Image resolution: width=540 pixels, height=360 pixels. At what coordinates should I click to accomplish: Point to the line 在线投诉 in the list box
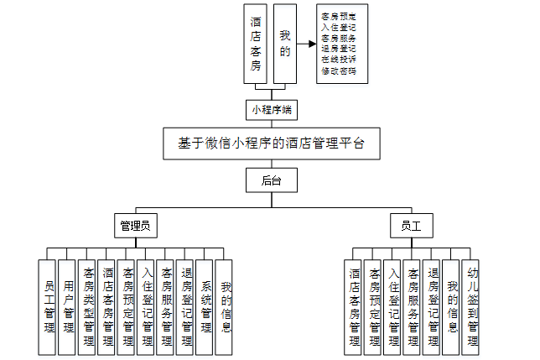coord(338,60)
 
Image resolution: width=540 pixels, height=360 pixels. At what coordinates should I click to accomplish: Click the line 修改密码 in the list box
coord(338,71)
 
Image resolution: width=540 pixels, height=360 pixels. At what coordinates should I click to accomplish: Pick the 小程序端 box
coord(271,109)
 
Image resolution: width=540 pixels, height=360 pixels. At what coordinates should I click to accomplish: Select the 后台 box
coord(271,180)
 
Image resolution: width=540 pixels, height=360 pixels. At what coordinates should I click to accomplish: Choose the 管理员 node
coord(135,226)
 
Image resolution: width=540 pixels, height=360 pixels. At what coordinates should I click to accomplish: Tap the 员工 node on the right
coord(411,226)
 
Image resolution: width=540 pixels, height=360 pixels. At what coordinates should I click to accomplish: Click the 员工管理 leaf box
coord(48,306)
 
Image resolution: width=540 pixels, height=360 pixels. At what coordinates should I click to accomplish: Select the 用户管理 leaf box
coord(68,306)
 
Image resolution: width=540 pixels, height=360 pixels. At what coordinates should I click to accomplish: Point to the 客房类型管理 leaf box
coord(87,306)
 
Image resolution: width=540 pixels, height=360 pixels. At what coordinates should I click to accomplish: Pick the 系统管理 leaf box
coord(205,306)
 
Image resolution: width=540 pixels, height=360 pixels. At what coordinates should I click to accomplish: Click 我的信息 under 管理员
coord(225,306)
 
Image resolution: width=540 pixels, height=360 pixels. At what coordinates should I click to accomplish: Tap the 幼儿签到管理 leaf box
coord(473,306)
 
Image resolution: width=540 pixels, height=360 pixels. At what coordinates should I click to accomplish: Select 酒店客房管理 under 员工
coord(355,306)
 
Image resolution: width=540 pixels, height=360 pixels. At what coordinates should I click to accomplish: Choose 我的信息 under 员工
coord(453,306)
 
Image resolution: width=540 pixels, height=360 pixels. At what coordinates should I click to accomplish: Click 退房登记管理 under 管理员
coord(185,306)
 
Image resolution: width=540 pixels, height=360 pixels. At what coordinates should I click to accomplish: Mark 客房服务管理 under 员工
coord(413,306)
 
